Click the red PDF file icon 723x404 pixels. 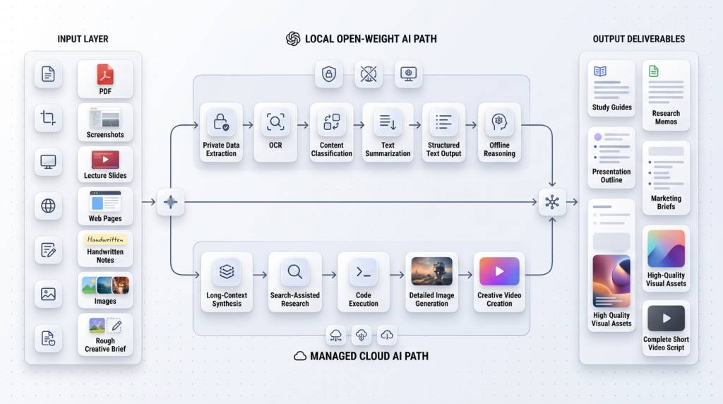(105, 73)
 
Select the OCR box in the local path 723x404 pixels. (275, 132)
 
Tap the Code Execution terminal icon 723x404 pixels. (364, 272)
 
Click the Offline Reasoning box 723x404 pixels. (499, 132)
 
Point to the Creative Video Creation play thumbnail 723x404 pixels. (499, 271)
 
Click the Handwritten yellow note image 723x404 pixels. (105, 240)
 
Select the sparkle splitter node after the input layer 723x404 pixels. (170, 202)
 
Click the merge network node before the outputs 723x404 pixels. (552, 202)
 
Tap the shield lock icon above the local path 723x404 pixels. (329, 73)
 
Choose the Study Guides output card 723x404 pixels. (611, 90)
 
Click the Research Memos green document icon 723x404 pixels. (654, 71)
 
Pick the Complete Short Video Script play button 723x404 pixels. (666, 319)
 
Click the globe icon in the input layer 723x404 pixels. (48, 206)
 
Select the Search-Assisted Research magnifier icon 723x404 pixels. (295, 272)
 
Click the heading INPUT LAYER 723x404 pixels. (83, 39)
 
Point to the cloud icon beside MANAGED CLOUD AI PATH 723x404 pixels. (300, 357)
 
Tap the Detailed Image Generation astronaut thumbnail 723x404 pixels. (431, 271)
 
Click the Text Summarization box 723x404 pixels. (388, 132)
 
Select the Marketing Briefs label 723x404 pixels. (666, 203)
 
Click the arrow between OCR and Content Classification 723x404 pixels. (303, 125)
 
